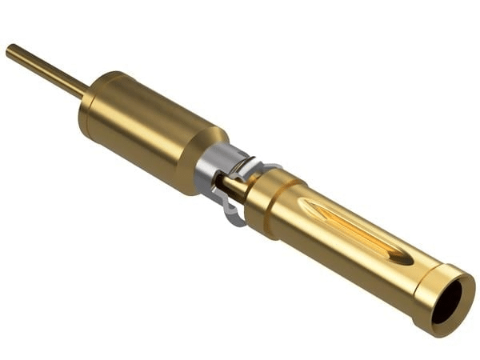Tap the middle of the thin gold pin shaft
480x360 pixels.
(44, 70)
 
